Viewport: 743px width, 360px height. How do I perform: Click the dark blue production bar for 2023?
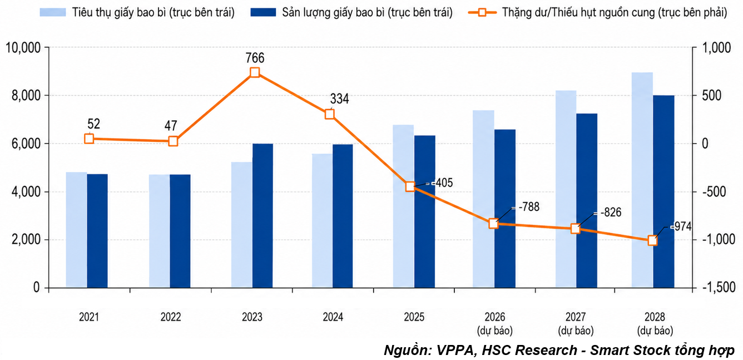point(262,216)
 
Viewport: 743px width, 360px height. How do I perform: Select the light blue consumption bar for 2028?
point(642,180)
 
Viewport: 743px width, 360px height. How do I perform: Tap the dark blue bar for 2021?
point(97,231)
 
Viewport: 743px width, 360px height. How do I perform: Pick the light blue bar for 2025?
point(404,206)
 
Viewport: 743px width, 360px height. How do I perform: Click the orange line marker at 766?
point(255,72)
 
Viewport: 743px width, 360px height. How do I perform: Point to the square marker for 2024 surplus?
point(330,114)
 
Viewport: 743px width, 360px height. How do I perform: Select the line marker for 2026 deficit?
point(493,224)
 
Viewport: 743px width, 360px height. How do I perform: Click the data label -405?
point(442,183)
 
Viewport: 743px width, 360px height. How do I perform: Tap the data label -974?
point(681,226)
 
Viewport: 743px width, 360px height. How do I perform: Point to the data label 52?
point(93,124)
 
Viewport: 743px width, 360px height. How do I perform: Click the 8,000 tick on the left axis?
point(26,96)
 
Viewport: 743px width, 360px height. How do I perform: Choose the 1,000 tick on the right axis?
point(716,48)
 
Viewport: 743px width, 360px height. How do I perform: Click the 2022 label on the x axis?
point(171,317)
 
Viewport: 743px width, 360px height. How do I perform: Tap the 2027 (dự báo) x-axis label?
point(576,324)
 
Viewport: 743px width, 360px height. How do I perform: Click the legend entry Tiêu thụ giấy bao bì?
point(137,12)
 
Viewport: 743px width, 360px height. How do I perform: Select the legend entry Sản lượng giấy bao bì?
point(351,12)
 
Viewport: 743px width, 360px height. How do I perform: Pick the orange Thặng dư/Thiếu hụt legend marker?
point(482,12)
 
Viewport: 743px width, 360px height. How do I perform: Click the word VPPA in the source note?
point(455,351)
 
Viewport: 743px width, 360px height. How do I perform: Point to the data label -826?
point(609,213)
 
